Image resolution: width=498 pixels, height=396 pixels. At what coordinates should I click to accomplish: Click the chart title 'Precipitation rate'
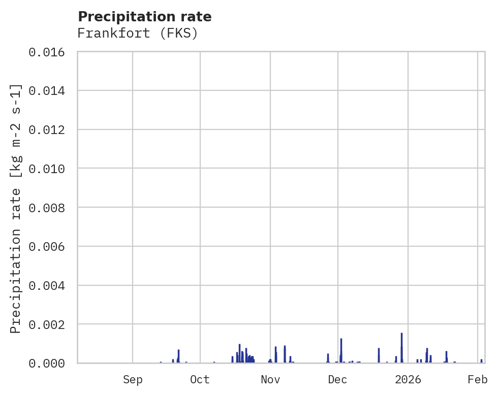point(145,17)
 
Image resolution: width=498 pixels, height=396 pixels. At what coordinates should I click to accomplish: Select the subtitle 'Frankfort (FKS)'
point(137,34)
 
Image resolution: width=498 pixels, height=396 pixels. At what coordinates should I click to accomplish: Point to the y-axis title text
point(16,209)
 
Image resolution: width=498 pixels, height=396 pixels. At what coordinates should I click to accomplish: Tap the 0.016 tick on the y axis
point(50,52)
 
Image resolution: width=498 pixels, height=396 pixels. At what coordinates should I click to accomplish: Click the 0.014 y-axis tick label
point(50,90)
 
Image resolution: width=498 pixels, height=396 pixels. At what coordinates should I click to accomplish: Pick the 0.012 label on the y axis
point(50,129)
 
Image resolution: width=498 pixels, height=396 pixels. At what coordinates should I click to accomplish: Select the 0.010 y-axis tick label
point(50,169)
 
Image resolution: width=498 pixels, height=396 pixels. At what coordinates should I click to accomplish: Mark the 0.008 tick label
point(50,208)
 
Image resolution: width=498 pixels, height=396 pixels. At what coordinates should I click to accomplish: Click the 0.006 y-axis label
point(50,246)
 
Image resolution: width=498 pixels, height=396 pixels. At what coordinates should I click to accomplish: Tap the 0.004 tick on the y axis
point(50,285)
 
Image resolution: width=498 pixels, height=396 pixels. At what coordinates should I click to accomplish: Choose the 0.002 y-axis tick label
point(50,324)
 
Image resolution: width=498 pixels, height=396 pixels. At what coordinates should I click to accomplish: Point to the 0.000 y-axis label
point(50,363)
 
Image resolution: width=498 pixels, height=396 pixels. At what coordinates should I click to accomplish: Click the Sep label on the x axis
point(133,379)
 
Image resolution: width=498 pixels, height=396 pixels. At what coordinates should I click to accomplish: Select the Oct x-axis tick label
point(200,379)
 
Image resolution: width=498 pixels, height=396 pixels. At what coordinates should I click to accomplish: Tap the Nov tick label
point(270,379)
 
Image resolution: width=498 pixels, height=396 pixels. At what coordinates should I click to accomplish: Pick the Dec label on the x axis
point(337,379)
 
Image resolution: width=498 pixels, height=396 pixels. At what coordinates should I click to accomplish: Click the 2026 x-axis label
point(408,379)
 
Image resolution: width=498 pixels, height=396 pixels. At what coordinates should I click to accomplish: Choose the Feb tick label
point(478,379)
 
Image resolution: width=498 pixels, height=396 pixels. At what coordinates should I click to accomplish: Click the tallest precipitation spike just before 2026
point(401,347)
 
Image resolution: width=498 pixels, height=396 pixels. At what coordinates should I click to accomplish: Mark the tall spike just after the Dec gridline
point(341,350)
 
